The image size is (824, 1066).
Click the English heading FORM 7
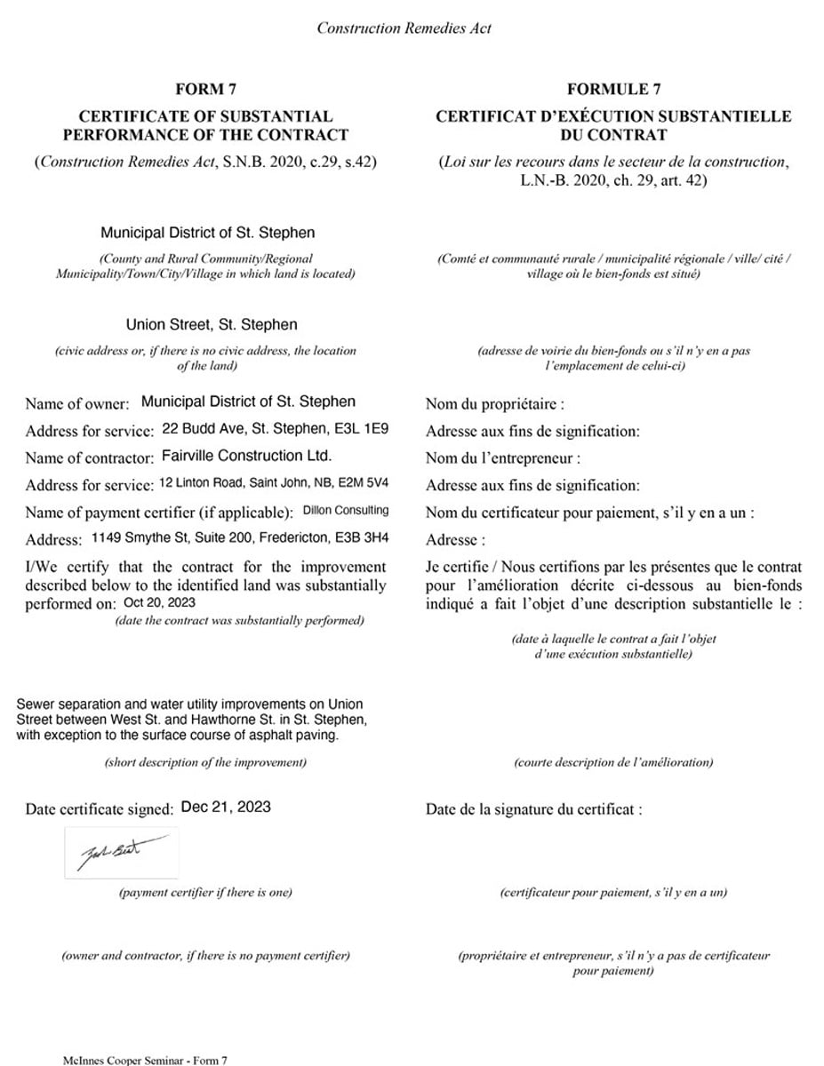coord(206,89)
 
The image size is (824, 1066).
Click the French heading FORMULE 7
coord(613,89)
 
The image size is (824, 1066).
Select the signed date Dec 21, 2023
coord(226,807)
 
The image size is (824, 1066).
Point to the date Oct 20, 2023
coord(159,601)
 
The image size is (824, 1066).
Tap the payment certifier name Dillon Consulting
coord(346,511)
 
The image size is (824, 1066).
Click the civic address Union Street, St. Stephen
coord(212,324)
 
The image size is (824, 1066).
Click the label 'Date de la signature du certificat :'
coord(533,809)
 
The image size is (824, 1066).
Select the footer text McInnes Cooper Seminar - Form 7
coord(146,1060)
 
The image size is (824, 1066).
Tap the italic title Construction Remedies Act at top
coord(404,28)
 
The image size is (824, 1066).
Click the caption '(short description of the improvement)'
coord(205,762)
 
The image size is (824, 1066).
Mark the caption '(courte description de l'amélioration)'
coord(613,762)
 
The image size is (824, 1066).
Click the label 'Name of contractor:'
coord(89,457)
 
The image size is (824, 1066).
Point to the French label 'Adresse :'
coord(456,540)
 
